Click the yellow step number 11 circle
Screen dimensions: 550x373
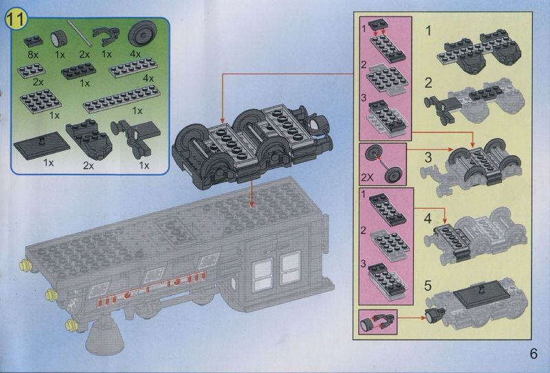(16, 19)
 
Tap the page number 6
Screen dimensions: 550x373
(533, 353)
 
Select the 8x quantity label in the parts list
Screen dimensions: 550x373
(33, 54)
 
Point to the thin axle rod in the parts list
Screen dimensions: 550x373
(80, 32)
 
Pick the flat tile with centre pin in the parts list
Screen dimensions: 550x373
(41, 146)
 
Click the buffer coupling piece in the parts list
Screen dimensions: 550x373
(135, 138)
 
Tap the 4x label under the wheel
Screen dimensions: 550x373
(135, 54)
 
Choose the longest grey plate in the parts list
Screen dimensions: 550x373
(122, 98)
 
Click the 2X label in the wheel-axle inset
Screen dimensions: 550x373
(367, 177)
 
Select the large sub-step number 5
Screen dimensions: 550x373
(428, 285)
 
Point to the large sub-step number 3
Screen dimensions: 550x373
(428, 157)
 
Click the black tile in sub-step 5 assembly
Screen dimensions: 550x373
(481, 295)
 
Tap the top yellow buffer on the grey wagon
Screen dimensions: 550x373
(25, 265)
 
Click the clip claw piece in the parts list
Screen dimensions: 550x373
(106, 36)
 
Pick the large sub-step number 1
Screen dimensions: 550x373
(428, 31)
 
